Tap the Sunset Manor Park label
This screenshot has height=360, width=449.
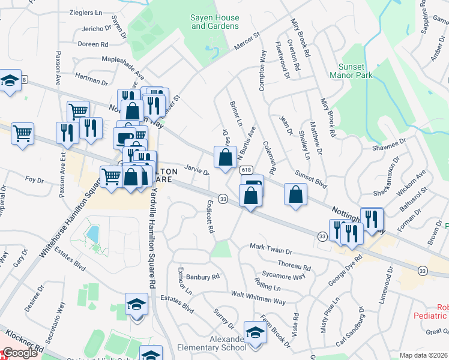coord(351,71)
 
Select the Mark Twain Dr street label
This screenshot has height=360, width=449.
coord(271,248)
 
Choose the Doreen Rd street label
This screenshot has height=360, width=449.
coord(92,44)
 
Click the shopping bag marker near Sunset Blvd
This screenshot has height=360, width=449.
coord(295,194)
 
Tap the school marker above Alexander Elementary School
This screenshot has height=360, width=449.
coord(255,333)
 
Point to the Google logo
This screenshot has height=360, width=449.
coord(19,353)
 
